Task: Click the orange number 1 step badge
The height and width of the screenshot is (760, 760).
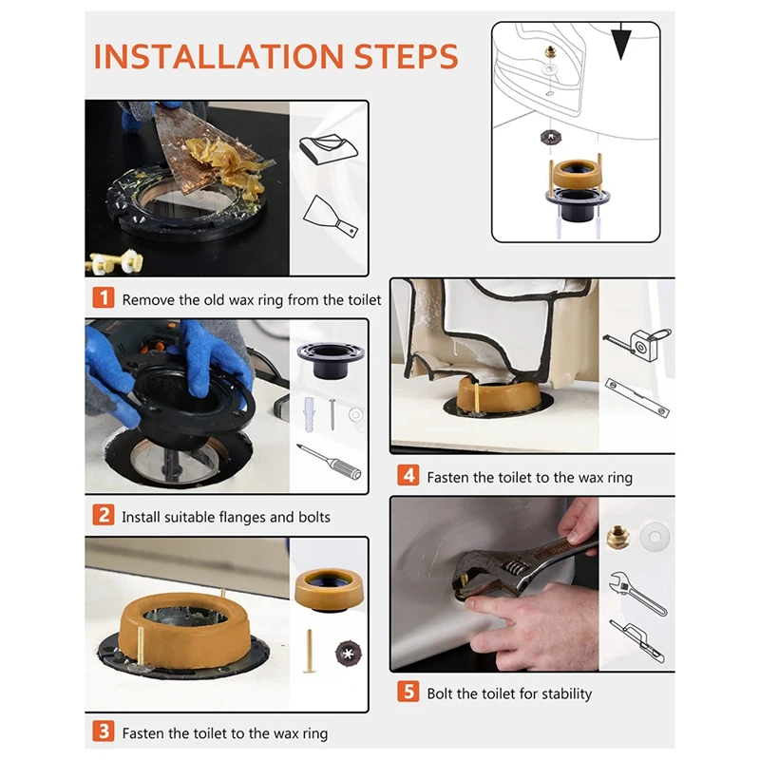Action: pos(104,297)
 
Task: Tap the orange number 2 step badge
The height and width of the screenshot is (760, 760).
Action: pos(104,515)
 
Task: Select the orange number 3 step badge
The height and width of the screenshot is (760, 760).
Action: pos(104,731)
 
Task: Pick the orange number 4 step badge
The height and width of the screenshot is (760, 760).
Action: pos(408,475)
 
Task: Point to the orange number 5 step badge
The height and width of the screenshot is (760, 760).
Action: pos(408,692)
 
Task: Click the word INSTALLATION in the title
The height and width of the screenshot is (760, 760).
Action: pos(218,57)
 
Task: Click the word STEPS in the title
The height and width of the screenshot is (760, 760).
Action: pos(407,57)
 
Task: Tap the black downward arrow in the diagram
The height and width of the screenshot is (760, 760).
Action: pos(621,41)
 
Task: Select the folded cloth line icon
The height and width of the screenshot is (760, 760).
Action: pos(328,149)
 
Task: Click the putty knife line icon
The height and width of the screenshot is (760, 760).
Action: pos(331,217)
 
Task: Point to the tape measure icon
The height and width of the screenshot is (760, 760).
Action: pos(637,344)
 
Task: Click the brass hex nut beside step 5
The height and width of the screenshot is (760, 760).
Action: pos(618,538)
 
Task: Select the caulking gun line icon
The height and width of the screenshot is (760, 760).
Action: pos(636,640)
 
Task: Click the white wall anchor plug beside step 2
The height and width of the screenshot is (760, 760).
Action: pos(310,414)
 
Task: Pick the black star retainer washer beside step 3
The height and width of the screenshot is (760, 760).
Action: pos(349,653)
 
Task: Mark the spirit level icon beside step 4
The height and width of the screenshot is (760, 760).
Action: pos(636,398)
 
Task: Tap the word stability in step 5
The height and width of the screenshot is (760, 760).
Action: pos(566,694)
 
